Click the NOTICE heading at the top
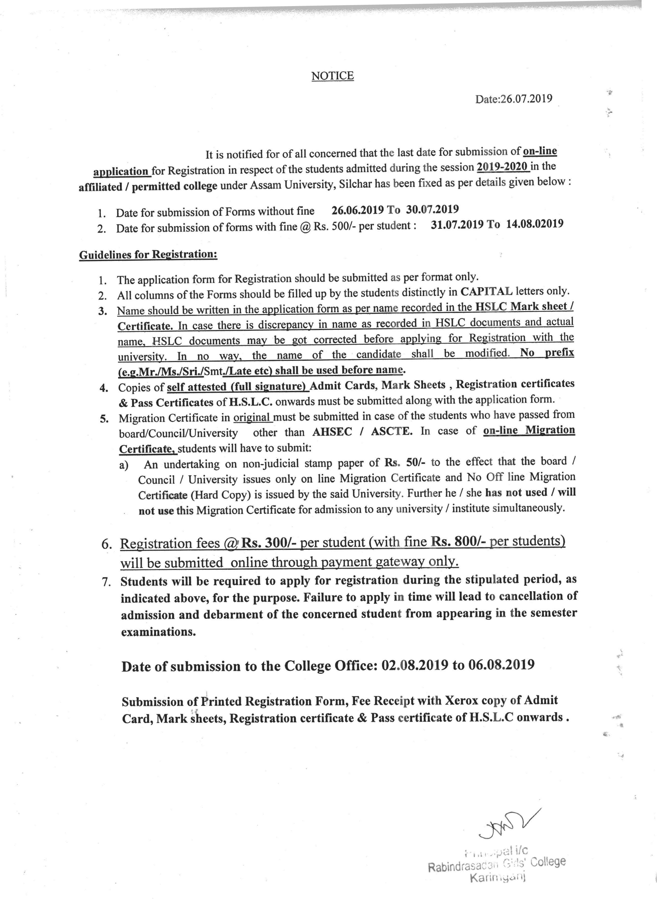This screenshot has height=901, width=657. pos(332,76)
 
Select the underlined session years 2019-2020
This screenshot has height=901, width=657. pos(503,167)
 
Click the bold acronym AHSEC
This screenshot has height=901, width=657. pos(332,432)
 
